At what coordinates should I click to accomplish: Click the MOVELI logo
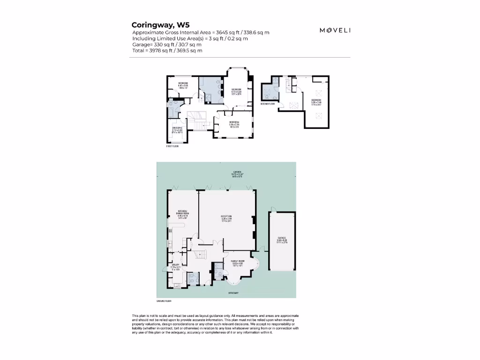[x=335, y=30]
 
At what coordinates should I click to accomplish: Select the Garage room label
[x=282, y=240]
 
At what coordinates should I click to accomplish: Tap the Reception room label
[x=227, y=218]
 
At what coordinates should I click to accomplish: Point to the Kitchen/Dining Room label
[x=182, y=214]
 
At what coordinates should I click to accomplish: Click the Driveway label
[x=233, y=293]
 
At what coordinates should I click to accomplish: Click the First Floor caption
[x=172, y=146]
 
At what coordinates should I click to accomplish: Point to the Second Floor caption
[x=267, y=104]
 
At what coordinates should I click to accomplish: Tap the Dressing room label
[x=177, y=130]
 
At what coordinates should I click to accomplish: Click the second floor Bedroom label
[x=317, y=102]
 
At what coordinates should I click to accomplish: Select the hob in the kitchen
[x=170, y=232]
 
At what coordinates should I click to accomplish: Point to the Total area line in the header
[x=167, y=50]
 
